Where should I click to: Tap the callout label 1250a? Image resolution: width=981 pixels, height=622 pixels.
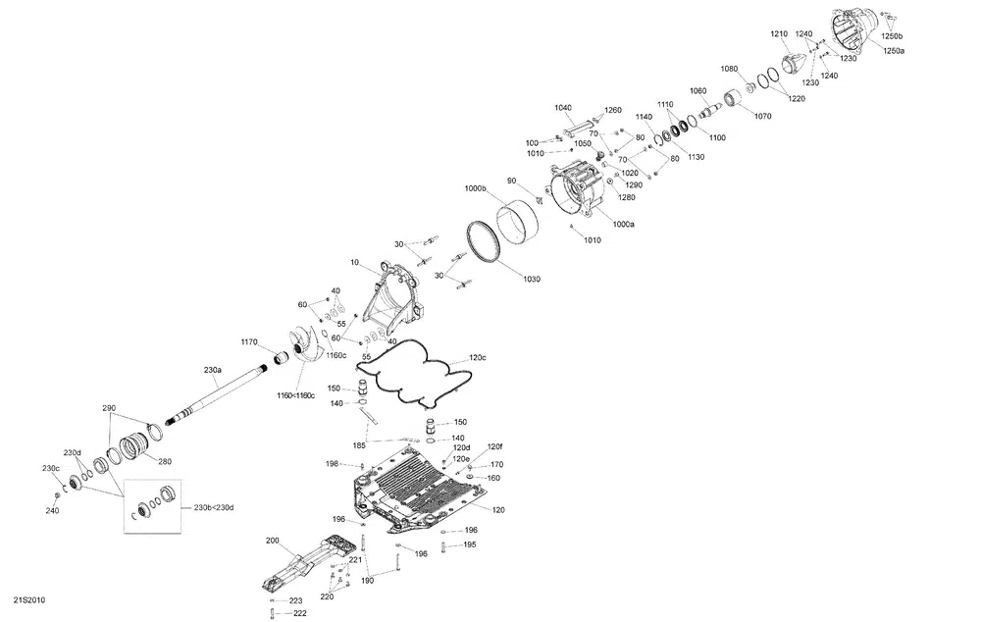tap(894, 50)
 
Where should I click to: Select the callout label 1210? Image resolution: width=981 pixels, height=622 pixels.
tap(779, 34)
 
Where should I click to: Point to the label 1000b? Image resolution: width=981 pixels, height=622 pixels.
tap(476, 188)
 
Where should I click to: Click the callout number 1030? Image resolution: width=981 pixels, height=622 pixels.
tap(531, 280)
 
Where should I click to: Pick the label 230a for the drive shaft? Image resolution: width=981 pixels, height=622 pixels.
tap(212, 370)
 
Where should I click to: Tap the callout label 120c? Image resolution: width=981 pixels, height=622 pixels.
tap(477, 358)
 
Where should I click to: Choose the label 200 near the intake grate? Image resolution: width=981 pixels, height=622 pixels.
tap(272, 541)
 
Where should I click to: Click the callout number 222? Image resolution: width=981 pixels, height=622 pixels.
tap(299, 613)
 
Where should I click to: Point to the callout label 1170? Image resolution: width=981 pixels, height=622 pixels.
tap(249, 342)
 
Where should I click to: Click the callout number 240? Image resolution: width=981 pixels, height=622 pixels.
tap(52, 510)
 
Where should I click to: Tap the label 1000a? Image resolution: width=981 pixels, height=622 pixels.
tap(623, 225)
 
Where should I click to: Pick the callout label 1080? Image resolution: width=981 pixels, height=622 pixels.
tap(729, 69)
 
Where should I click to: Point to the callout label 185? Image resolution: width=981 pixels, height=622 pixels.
tap(360, 445)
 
